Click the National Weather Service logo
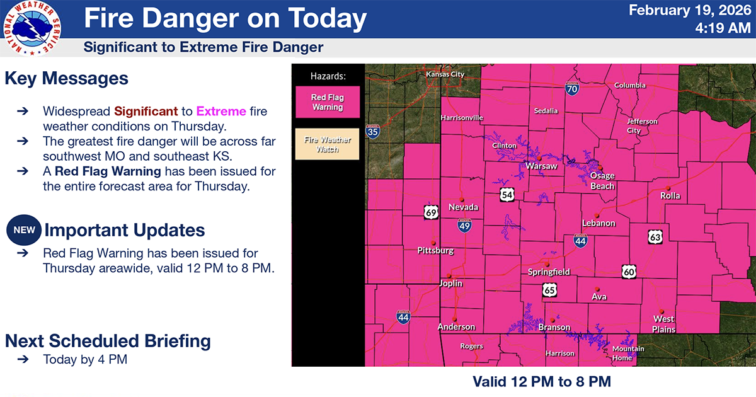coord(32,28)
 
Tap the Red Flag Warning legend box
coord(327,102)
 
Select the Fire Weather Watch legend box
coord(327,144)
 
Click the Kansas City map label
coord(445,74)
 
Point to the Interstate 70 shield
coord(572,88)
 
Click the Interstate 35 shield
coord(372,131)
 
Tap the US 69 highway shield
coord(431,212)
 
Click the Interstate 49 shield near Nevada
coord(464,225)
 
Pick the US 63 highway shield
coord(656,237)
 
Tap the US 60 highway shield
coord(629,272)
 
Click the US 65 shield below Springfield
coord(550,290)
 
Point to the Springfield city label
coord(549,272)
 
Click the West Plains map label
coord(664,325)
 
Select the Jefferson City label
coord(642,125)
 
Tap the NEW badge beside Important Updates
coord(24,230)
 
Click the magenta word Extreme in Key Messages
coord(220,112)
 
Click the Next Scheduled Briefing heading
coord(108,341)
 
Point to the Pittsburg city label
coord(435,250)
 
